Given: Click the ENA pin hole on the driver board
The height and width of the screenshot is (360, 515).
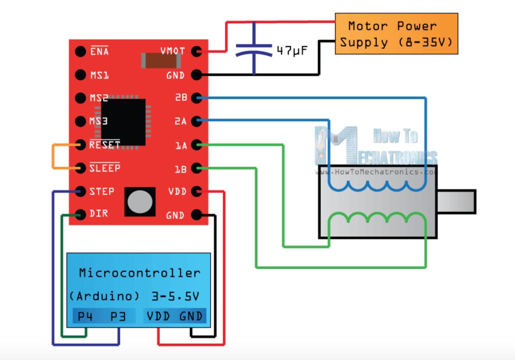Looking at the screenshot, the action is point(81,51).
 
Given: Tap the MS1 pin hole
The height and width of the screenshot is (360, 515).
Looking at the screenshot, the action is point(81,75).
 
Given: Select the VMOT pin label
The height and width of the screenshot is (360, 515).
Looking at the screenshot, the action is point(173,51).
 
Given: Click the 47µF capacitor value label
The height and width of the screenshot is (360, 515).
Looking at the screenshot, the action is point(292,51).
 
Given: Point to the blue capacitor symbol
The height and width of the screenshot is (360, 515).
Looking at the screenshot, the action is point(254,48).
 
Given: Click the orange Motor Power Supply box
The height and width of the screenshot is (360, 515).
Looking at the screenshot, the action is point(397,34).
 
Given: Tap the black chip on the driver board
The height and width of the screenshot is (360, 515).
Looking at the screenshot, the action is point(123,122).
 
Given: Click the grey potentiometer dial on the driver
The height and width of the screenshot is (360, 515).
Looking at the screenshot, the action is point(140,202).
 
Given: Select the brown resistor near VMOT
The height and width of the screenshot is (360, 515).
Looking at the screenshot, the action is point(161,60).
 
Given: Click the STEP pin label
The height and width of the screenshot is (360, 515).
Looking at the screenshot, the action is point(101,191).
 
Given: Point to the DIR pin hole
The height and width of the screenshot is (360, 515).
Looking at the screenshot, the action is point(81,215).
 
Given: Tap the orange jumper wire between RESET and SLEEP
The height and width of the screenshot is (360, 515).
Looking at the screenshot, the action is point(53,157).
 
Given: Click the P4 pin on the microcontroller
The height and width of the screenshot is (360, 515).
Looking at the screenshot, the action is point(85,316).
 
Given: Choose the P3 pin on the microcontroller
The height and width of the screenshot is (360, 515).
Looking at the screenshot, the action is point(118,316).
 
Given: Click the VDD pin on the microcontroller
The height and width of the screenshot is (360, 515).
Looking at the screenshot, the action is point(158,316).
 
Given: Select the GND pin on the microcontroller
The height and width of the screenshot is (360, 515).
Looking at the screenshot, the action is point(191,316).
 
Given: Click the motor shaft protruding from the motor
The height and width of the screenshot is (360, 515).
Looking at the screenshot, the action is point(457,202).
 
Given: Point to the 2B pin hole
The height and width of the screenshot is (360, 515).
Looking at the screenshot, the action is point(197,98).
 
